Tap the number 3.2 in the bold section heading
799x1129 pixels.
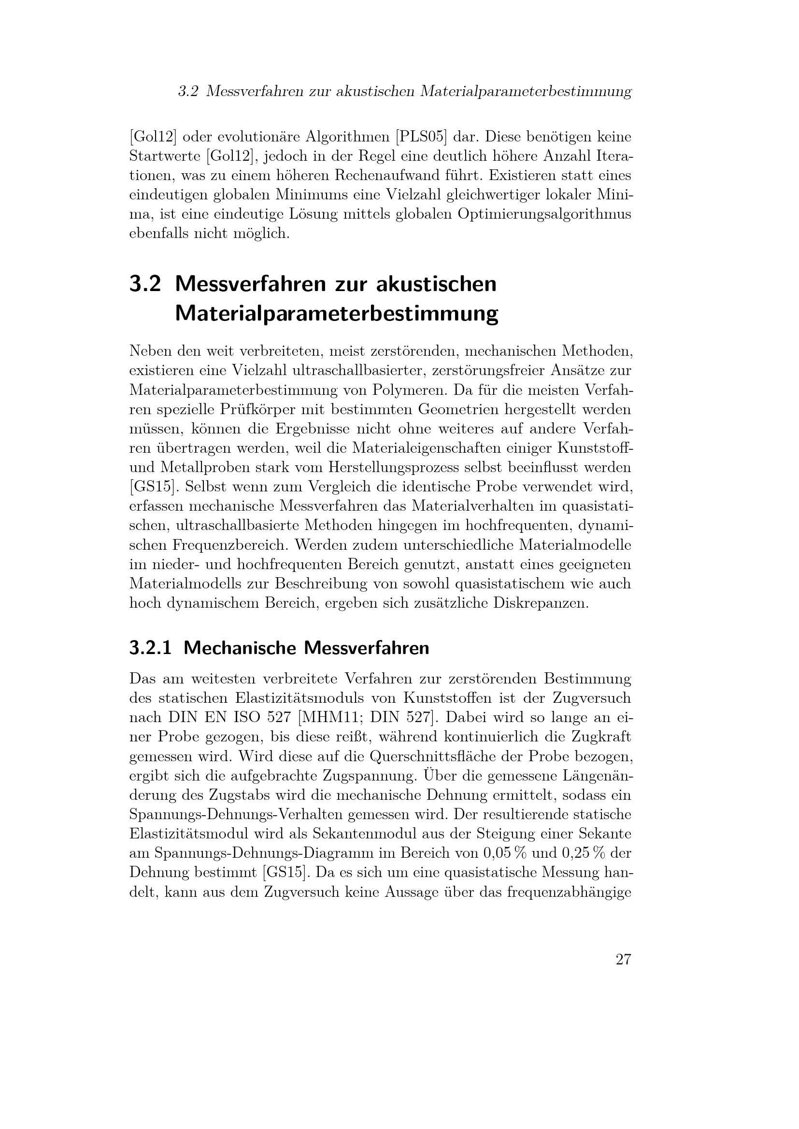pos(144,284)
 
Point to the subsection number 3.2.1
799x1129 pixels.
pos(150,648)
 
